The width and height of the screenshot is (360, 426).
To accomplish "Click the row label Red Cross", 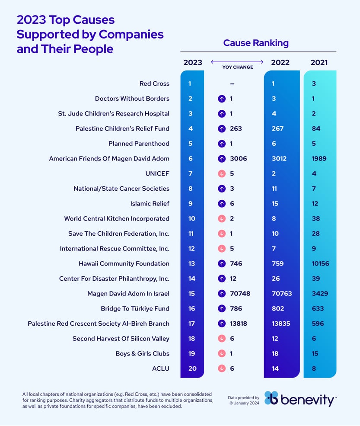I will (154, 83).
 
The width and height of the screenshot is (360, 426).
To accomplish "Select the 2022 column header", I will (280, 62).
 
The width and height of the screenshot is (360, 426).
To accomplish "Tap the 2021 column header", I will (319, 62).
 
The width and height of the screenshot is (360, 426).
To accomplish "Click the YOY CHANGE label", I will (238, 67).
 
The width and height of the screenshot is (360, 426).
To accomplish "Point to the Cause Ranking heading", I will (256, 43).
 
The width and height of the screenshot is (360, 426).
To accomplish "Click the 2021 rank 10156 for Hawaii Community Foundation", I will (320, 263).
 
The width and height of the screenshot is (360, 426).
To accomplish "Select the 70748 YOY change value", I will (240, 294).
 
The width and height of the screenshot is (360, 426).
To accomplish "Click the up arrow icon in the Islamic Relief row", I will (222, 204).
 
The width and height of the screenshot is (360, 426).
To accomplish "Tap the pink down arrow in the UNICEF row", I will (222, 173).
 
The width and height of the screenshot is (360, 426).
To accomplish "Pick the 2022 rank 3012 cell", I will (279, 159).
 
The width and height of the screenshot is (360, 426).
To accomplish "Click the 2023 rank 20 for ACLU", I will (191, 368).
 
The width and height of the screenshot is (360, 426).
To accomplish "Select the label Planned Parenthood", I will (139, 144).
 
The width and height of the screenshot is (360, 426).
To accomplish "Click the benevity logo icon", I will (271, 398).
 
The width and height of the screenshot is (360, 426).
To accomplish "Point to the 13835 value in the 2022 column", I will (282, 324).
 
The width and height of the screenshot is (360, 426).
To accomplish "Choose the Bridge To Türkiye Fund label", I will (135, 309).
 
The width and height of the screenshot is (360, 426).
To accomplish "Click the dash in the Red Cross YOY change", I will (232, 83).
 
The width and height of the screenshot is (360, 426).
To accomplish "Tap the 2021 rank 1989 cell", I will (319, 159).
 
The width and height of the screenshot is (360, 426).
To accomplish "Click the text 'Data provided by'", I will (243, 397).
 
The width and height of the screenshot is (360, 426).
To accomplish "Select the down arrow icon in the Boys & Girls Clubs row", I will (222, 354).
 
